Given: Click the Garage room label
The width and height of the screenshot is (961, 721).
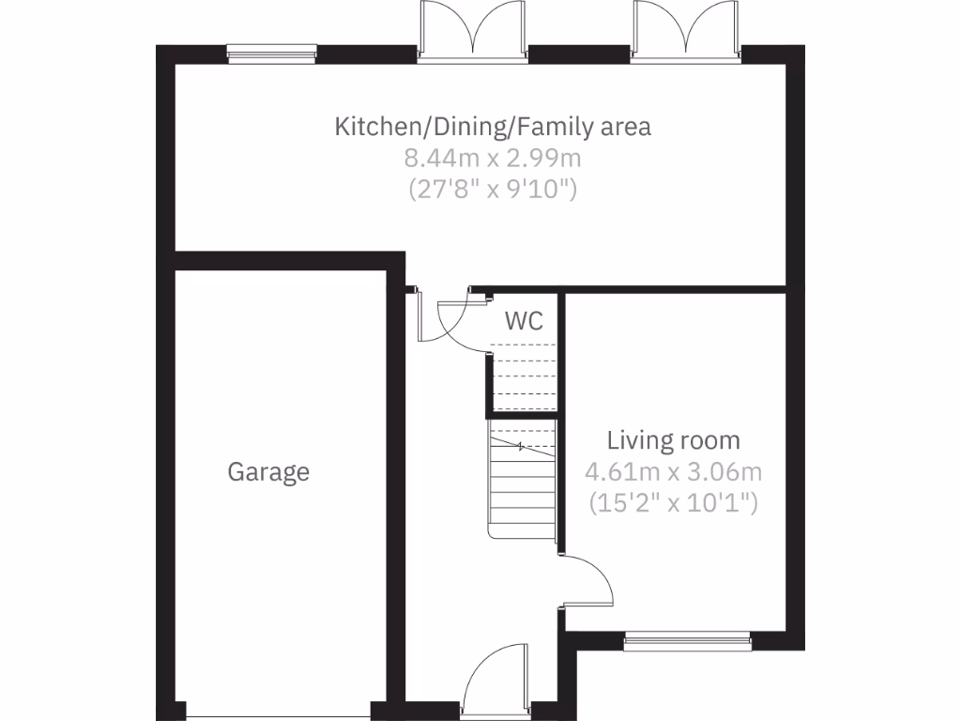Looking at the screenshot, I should tap(268, 471).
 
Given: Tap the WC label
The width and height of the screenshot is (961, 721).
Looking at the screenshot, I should tap(524, 321).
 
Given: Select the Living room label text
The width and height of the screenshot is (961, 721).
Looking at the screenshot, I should tap(673, 440).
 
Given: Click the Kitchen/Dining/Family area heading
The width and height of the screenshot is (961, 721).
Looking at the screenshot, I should tap(493, 127).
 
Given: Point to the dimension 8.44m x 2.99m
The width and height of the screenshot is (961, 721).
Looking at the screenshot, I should tap(493, 158).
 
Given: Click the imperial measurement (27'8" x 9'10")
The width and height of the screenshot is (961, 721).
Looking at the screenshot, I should tap(493, 189).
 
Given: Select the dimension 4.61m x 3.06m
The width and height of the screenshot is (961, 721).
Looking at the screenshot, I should tap(673, 471).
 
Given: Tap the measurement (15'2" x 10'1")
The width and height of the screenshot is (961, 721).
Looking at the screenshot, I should tap(673, 503).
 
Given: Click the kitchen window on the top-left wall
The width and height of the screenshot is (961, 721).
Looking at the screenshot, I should tap(273, 54).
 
